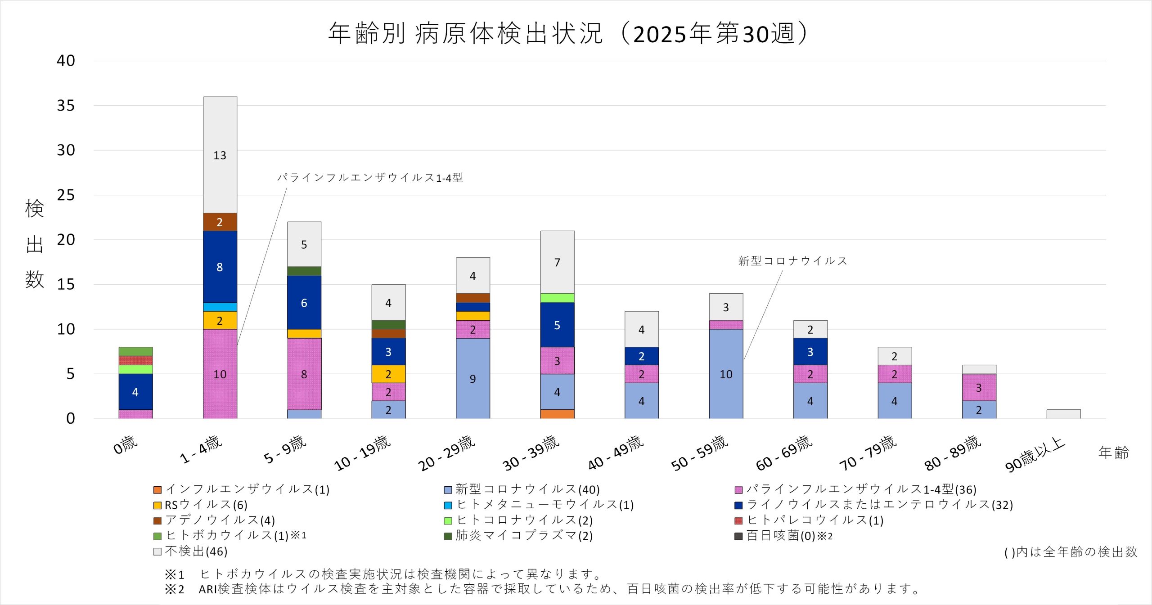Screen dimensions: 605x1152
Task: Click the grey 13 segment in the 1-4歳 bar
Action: click(x=220, y=155)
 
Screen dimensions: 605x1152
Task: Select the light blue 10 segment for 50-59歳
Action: click(x=726, y=374)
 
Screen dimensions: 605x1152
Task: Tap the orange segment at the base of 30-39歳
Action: click(x=557, y=414)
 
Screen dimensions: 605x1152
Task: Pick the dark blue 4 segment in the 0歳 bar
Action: click(x=135, y=392)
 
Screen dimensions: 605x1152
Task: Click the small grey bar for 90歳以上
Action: click(x=1063, y=414)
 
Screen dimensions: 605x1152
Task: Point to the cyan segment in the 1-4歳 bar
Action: click(x=220, y=307)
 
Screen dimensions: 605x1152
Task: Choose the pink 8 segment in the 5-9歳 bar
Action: click(x=304, y=374)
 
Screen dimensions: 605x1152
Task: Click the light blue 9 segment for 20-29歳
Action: click(x=472, y=378)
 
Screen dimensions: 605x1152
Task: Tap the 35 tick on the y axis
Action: click(x=66, y=106)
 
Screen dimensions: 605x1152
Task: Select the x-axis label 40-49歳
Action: click(x=616, y=453)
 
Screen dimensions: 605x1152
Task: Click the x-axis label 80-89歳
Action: click(x=953, y=453)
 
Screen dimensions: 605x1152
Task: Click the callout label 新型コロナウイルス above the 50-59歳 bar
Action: click(x=792, y=261)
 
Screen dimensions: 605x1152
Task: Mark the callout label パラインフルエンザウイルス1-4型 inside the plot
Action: click(x=370, y=178)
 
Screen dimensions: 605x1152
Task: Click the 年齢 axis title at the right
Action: click(x=1113, y=452)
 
